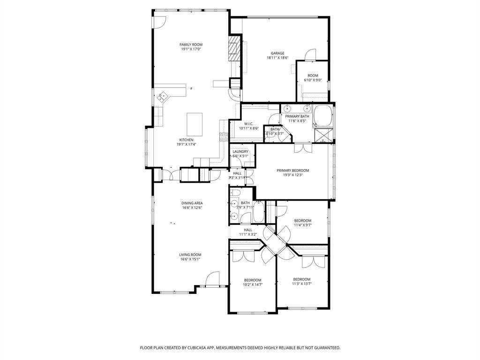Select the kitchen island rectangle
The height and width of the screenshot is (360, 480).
pos(195,123)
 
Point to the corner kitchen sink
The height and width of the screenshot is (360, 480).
pos(163,97)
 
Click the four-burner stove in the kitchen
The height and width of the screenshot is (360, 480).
pos(224,137)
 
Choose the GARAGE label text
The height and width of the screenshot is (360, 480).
pos(277,53)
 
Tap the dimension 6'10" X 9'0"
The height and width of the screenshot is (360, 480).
pos(313,80)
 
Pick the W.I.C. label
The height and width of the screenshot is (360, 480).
pos(248,124)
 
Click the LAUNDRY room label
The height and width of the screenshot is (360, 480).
pos(240,151)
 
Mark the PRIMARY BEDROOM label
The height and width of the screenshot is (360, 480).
pos(292,171)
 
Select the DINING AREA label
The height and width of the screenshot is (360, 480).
pos(192,203)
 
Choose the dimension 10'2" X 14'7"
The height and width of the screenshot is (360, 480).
pos(252,285)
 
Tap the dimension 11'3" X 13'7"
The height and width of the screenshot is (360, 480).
pos(302,284)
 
